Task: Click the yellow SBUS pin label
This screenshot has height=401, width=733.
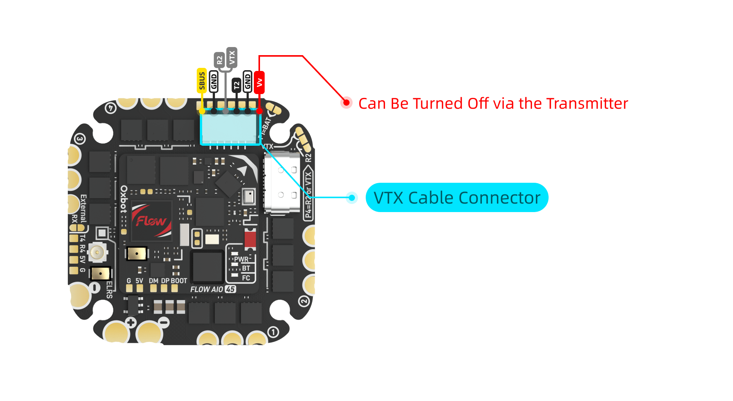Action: pyautogui.click(x=202, y=81)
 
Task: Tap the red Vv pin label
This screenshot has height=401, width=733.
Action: pyautogui.click(x=259, y=82)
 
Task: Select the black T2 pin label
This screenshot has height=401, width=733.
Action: pyautogui.click(x=236, y=85)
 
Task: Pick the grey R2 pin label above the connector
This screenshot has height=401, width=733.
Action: pyautogui.click(x=219, y=60)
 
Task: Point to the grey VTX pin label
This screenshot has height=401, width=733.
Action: pyautogui.click(x=232, y=57)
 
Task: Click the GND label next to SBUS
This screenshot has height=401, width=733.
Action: pyautogui.click(x=214, y=81)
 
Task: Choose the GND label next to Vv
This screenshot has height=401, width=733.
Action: pyautogui.click(x=247, y=81)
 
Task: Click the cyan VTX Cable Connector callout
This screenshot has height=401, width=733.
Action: pyautogui.click(x=457, y=197)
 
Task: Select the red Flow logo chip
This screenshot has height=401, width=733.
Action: pyautogui.click(x=151, y=221)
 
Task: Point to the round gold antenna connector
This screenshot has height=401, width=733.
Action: pyautogui.click(x=97, y=253)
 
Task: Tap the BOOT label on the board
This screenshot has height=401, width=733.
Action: pyautogui.click(x=179, y=281)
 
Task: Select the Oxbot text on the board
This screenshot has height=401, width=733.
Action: pyautogui.click(x=124, y=199)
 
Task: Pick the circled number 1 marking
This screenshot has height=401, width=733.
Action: pyautogui.click(x=273, y=332)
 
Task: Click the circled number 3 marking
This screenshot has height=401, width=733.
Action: pyautogui.click(x=79, y=139)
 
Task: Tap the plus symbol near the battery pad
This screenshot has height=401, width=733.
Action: pyautogui.click(x=131, y=322)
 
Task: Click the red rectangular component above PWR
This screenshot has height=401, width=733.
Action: pyautogui.click(x=250, y=238)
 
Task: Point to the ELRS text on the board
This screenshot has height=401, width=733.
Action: pyautogui.click(x=110, y=290)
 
